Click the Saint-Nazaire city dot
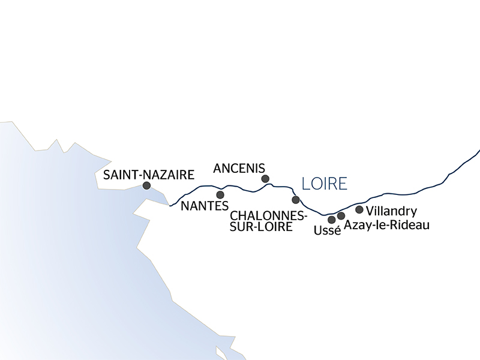146,186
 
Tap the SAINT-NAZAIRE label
149,175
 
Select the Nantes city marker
220,195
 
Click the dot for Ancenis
265,179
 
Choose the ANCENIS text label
239,167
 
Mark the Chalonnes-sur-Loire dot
295,200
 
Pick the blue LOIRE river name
325,183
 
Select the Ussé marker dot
332,220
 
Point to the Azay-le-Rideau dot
341,215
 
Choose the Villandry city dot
359,209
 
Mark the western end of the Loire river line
170,206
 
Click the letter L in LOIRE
306,183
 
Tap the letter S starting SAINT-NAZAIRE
107,175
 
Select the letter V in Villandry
369,211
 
